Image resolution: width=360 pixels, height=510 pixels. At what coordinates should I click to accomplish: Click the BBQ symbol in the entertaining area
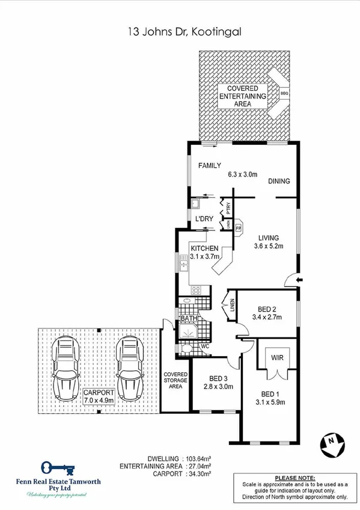[284, 94]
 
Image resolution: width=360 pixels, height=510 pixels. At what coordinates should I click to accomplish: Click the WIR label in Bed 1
[277, 357]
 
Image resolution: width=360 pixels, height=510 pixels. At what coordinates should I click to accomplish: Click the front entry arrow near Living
[299, 279]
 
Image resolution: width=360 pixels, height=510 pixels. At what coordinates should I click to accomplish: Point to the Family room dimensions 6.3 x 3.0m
[242, 174]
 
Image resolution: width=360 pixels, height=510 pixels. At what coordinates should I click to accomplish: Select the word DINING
[279, 180]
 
